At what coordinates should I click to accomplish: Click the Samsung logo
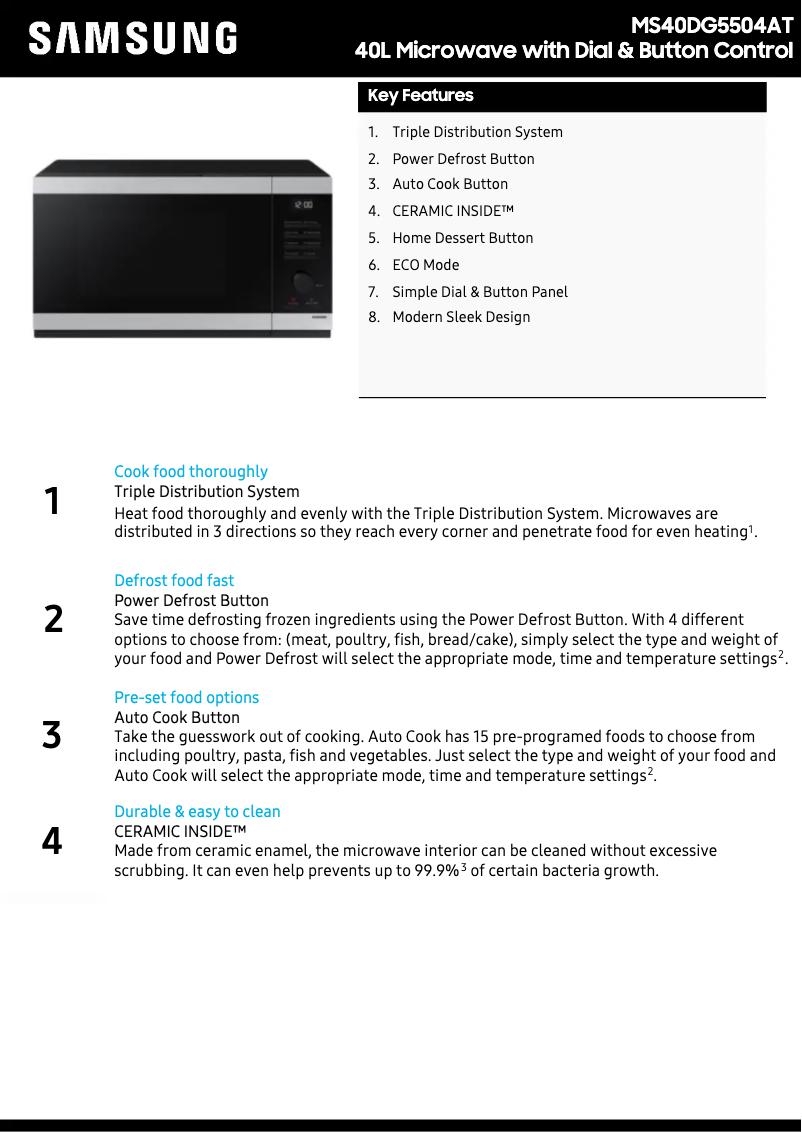point(133,38)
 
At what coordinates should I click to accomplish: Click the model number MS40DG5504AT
point(711,26)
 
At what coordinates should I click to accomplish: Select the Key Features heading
point(420,96)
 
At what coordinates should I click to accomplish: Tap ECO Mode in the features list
point(425,265)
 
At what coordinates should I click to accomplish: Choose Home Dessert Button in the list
point(462,238)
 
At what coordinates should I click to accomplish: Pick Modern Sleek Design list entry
point(461,317)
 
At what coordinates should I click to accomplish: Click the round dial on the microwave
point(302,282)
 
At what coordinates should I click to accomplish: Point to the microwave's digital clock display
point(302,205)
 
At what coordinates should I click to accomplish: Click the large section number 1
point(52,501)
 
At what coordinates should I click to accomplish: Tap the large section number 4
point(52,842)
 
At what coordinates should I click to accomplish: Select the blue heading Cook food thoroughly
point(191,472)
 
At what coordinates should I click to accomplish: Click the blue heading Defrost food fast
point(174,581)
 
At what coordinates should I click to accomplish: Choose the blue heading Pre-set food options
point(186,698)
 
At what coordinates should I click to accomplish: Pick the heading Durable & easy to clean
point(197,812)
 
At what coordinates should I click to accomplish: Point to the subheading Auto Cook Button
point(177,718)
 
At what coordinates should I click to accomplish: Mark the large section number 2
point(53,620)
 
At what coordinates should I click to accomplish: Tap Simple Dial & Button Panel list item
point(479,292)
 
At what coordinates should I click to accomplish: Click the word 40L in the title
point(373,51)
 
